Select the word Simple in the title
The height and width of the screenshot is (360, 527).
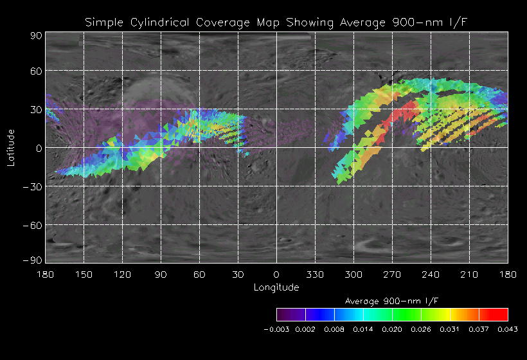click(x=105, y=23)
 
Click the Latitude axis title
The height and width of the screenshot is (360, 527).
click(x=10, y=148)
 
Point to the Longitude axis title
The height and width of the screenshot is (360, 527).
click(x=276, y=287)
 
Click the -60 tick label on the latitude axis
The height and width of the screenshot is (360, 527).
click(x=32, y=225)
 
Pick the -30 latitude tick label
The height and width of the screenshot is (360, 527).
click(x=32, y=186)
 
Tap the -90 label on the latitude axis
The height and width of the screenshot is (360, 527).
click(x=32, y=260)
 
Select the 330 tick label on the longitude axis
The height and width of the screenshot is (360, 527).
click(x=315, y=274)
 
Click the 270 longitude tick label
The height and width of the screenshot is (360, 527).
click(x=392, y=274)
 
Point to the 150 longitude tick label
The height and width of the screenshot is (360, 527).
click(x=84, y=274)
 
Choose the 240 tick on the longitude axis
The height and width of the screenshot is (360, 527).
click(x=431, y=274)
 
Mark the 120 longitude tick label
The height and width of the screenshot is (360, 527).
click(x=122, y=274)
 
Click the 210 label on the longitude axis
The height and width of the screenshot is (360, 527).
click(x=469, y=274)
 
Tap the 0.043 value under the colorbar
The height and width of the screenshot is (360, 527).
click(x=508, y=330)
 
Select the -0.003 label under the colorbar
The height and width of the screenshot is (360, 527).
click(x=278, y=330)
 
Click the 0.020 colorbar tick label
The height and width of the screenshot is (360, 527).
click(x=392, y=330)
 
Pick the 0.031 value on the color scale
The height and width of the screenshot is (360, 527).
click(x=450, y=330)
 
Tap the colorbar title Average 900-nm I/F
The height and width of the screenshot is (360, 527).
click(x=391, y=301)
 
